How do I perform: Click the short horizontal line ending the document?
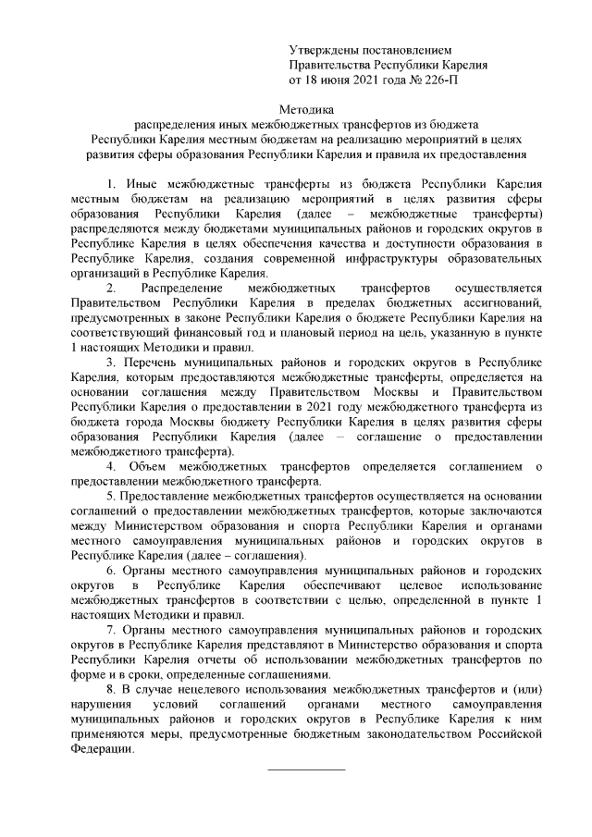pos(305,769)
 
